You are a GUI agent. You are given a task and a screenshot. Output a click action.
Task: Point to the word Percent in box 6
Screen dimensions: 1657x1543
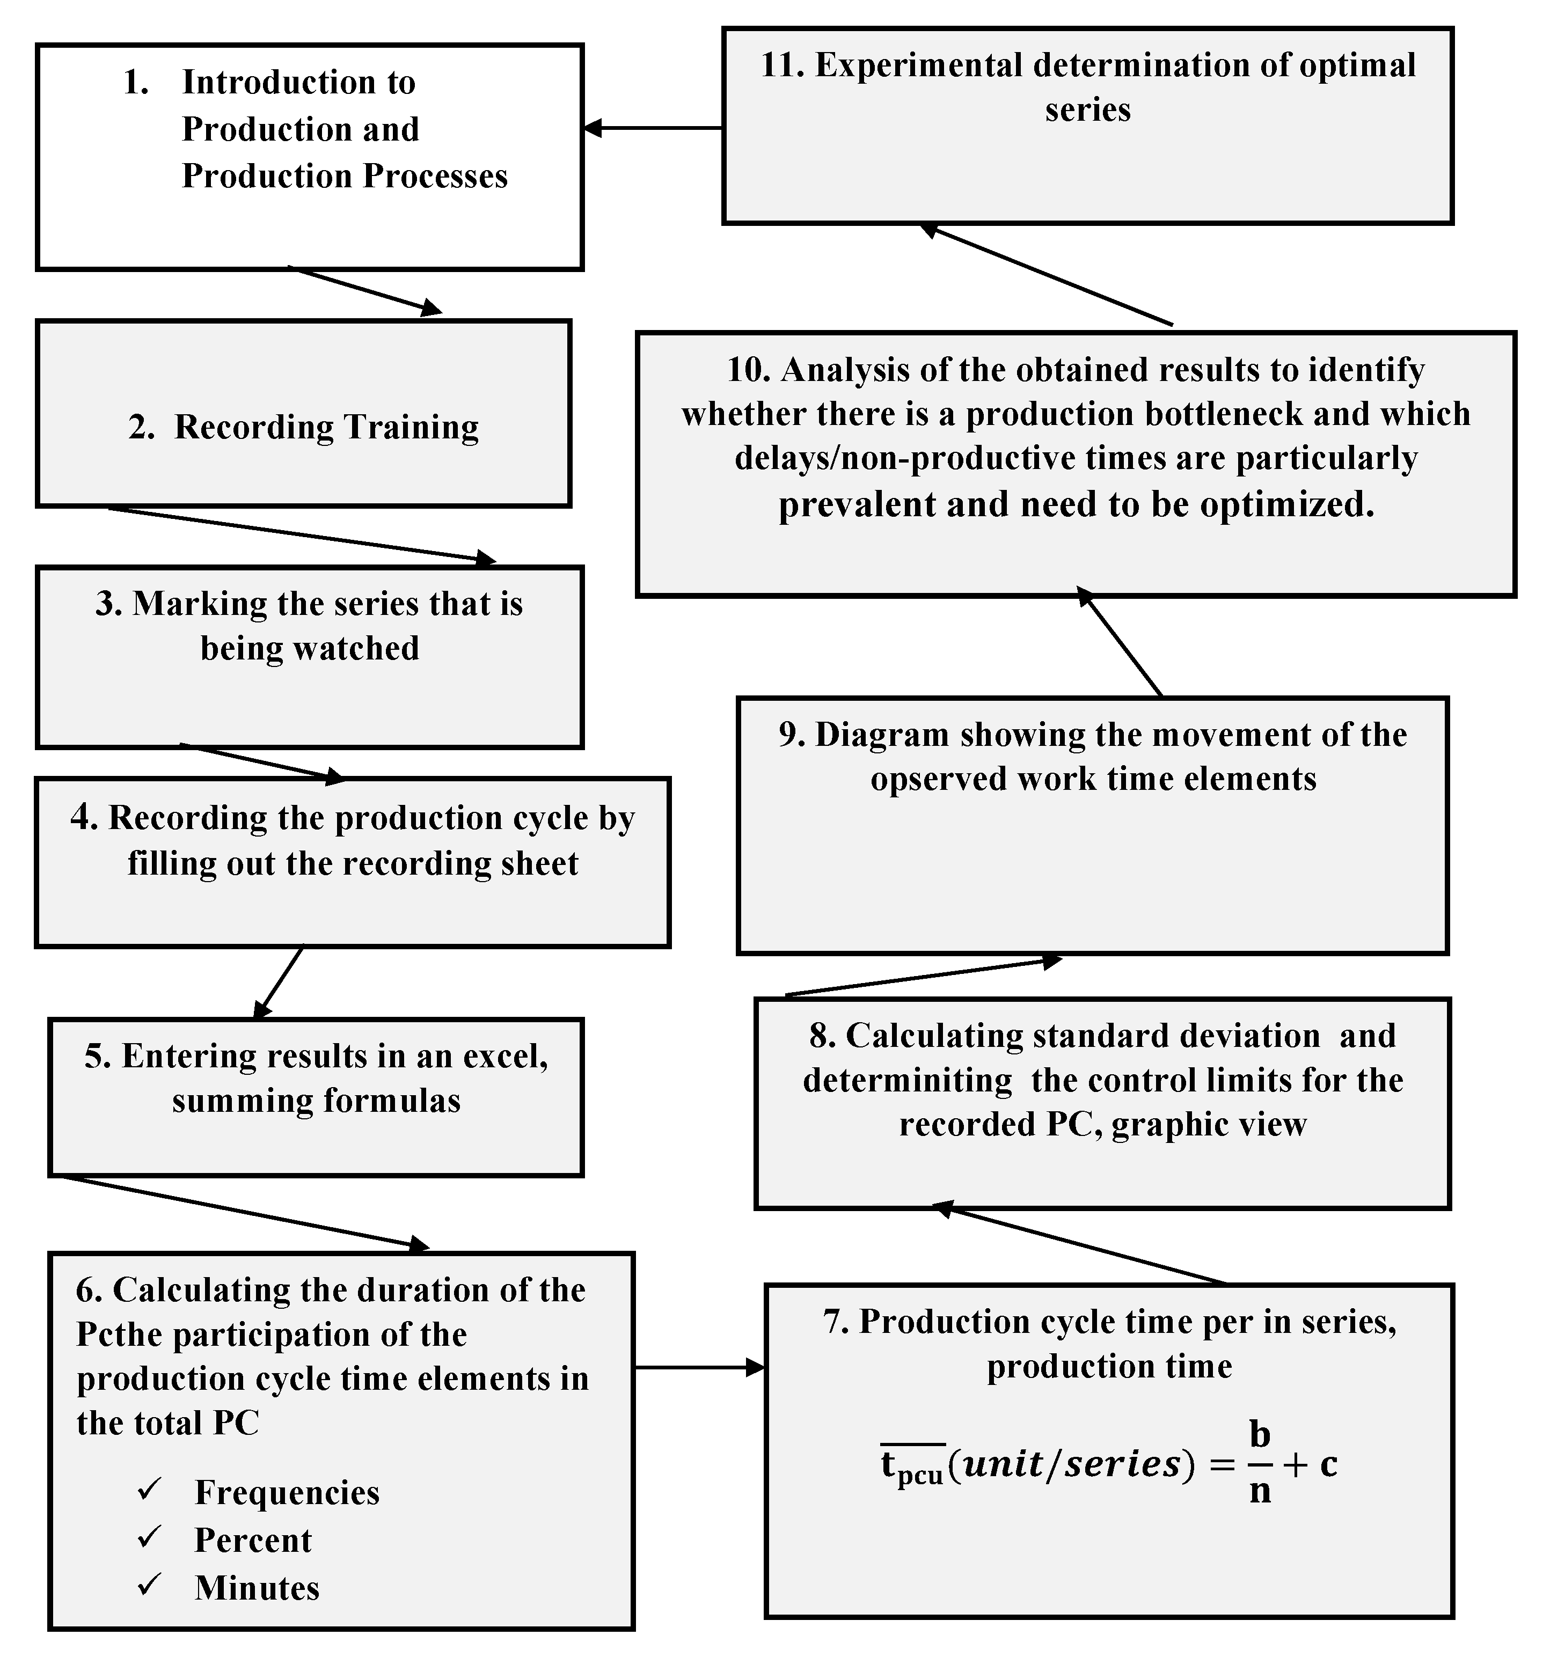pos(253,1539)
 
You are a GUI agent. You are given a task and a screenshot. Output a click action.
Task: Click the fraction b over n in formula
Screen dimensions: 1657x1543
pos(1260,1463)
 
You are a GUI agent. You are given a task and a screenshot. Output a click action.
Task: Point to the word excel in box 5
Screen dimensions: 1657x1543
pos(503,1055)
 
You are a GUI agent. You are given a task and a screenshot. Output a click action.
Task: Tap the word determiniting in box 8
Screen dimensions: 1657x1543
pos(907,1080)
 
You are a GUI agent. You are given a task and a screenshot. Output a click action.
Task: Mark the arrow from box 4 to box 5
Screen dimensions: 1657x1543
pos(279,982)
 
